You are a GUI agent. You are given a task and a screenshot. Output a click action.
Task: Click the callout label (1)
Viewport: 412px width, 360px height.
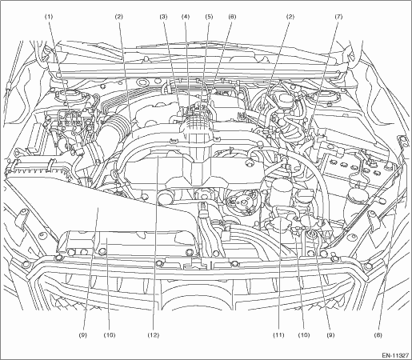tap(49, 17)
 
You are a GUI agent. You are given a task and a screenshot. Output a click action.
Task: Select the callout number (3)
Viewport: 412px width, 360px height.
tap(163, 17)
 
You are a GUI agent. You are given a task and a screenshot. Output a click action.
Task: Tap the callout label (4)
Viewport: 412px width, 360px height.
tap(186, 17)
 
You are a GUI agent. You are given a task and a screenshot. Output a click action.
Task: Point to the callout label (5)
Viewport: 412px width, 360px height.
tap(209, 17)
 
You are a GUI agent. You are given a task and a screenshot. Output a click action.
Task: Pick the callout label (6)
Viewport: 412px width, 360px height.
tap(232, 17)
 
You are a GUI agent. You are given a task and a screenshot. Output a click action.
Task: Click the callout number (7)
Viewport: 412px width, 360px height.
tap(338, 17)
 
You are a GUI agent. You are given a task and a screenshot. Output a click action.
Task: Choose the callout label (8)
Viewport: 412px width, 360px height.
tap(379, 335)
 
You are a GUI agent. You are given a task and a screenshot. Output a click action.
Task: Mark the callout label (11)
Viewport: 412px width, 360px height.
tap(278, 335)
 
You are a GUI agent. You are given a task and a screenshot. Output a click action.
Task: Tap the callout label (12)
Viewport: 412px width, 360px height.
tap(153, 335)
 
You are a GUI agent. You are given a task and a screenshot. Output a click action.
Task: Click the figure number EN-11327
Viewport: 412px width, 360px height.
tap(395, 355)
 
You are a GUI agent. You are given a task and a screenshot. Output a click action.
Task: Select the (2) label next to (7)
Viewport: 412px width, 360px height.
tap(290, 17)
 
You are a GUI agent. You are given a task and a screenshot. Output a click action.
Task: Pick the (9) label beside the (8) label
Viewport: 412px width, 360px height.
tap(330, 335)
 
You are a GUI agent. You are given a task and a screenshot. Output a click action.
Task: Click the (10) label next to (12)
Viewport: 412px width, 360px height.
tap(110, 335)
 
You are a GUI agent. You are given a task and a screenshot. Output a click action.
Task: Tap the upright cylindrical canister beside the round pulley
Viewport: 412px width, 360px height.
tap(282, 192)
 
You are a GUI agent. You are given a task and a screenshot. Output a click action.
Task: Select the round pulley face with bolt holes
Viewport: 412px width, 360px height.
tap(243, 202)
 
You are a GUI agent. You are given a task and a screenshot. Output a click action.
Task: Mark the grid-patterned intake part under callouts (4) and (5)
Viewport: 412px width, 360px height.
tap(197, 123)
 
